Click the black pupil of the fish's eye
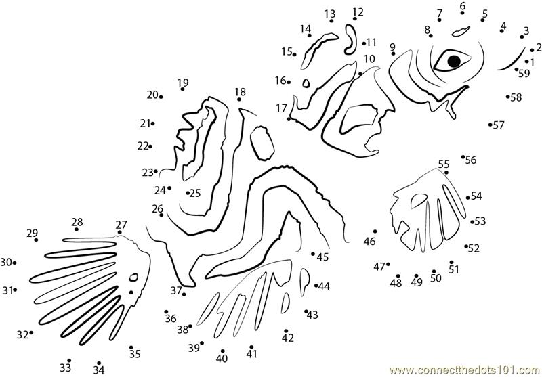[454, 61]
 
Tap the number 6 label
[463, 5]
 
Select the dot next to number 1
[527, 62]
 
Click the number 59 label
[524, 74]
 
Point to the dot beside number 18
[239, 99]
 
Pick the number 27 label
[121, 225]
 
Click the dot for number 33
[69, 361]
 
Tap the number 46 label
[369, 242]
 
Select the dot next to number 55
[446, 173]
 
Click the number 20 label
[152, 95]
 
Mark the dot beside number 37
[184, 294]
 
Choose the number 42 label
[287, 338]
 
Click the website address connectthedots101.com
[465, 371]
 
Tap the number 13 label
[330, 14]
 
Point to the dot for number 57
[490, 125]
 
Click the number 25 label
[195, 193]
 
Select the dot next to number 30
[14, 263]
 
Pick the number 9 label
[392, 47]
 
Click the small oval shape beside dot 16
[306, 83]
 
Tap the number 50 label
[436, 278]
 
